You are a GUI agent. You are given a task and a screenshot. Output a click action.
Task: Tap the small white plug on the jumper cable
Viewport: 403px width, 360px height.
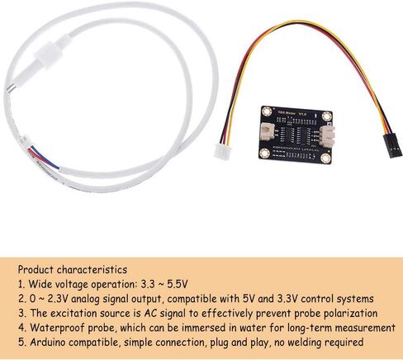click(223, 152)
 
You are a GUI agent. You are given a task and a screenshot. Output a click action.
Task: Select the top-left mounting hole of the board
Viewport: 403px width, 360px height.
click(267, 111)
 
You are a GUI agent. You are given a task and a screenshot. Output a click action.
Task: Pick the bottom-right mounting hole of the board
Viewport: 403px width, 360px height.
click(325, 158)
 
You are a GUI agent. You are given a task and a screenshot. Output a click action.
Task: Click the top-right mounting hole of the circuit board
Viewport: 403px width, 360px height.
click(327, 116)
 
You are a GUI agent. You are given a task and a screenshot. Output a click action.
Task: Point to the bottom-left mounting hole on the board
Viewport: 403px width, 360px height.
click(265, 153)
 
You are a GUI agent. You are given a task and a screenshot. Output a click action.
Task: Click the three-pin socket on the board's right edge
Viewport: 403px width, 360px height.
click(327, 135)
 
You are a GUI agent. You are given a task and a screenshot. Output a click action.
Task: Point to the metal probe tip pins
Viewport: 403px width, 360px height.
click(9, 88)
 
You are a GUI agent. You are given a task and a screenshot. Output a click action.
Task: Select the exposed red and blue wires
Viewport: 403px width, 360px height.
click(43, 157)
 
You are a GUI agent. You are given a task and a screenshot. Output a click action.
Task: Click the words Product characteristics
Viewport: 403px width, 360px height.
click(73, 270)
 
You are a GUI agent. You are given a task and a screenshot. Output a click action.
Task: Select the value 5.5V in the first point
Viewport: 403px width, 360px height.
click(178, 284)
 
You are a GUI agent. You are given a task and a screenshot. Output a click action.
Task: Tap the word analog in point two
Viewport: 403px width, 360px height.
click(85, 299)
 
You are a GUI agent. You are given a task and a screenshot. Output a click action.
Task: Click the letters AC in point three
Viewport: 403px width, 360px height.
click(150, 313)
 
